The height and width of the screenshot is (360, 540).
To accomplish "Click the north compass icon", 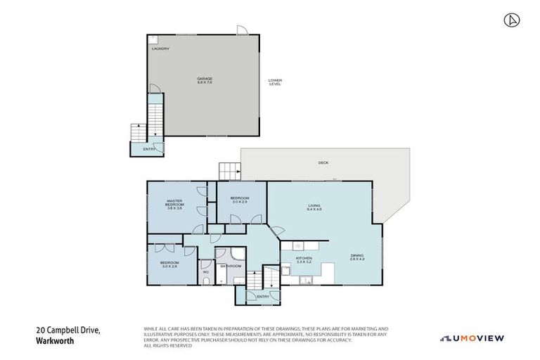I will (x=511, y=20).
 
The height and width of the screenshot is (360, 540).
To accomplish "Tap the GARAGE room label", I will (x=205, y=80).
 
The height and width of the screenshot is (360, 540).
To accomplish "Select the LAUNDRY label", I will (x=161, y=49).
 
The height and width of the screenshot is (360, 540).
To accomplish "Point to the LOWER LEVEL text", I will (x=275, y=82).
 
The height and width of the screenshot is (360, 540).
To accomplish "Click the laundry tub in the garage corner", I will (x=153, y=39).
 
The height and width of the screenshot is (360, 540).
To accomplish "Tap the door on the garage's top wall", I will (x=242, y=30).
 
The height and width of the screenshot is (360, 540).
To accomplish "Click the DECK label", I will (x=323, y=162).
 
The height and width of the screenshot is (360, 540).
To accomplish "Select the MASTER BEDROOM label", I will (x=174, y=204).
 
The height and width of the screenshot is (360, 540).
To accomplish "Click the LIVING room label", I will (x=314, y=207).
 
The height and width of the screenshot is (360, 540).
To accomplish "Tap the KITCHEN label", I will (x=304, y=259).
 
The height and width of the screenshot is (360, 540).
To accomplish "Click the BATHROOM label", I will (x=231, y=266).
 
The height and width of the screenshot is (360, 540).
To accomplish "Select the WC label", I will (x=206, y=272).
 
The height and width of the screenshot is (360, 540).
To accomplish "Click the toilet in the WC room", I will (x=205, y=281).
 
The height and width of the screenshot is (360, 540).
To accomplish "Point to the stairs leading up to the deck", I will (x=229, y=171).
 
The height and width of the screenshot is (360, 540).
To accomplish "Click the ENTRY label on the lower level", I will (x=150, y=149).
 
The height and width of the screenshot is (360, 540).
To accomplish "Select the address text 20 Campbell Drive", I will (x=68, y=330).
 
